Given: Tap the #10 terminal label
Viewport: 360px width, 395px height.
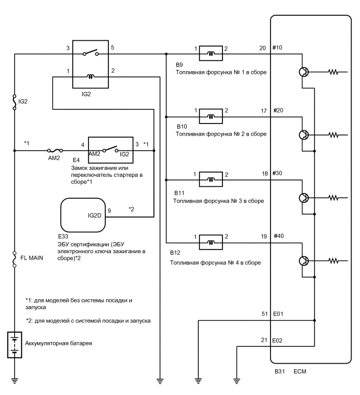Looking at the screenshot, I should click(x=277, y=47).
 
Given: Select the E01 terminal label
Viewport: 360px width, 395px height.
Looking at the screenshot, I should click(x=278, y=314).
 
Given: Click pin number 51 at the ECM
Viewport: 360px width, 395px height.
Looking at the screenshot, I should click(x=265, y=314).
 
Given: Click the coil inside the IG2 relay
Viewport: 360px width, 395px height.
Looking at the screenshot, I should click(x=90, y=77).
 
